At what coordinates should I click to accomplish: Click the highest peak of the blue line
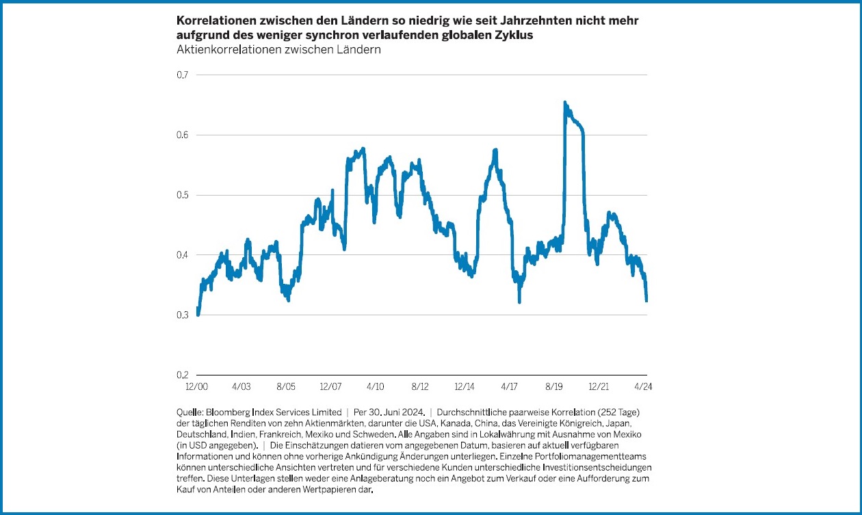pyautogui.click(x=564, y=103)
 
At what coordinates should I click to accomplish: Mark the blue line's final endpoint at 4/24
pyautogui.click(x=646, y=300)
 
